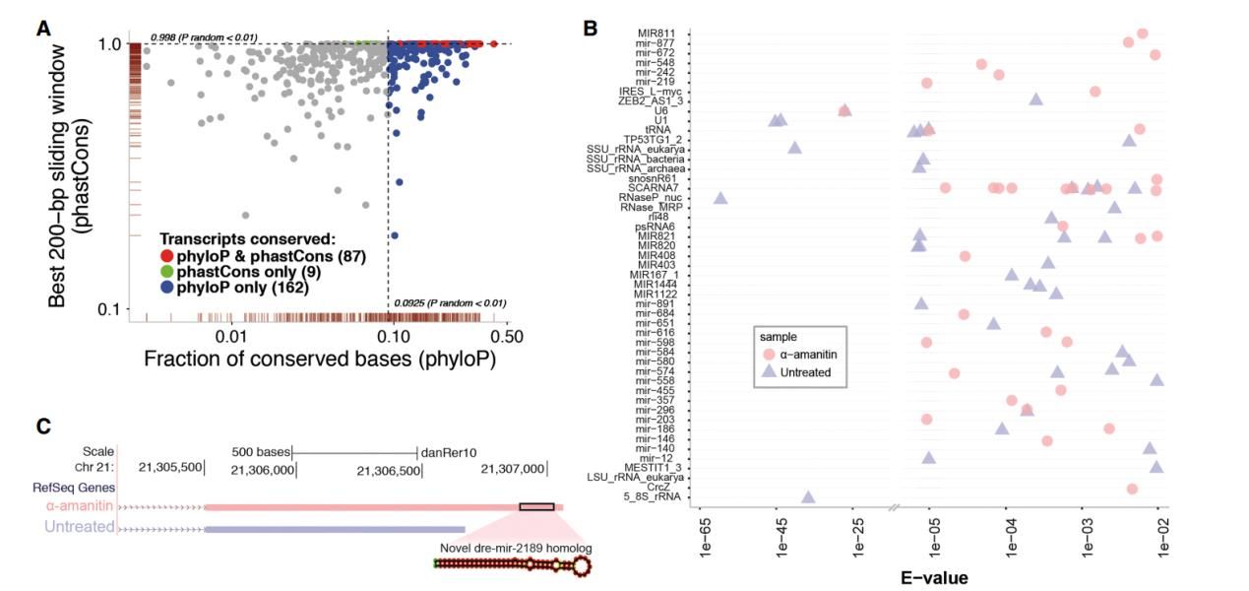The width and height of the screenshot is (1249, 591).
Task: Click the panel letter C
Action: coord(43,427)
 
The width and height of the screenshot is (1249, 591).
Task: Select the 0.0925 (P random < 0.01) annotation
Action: coord(450,302)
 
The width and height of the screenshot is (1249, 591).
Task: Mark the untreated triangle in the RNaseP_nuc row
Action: coord(720,198)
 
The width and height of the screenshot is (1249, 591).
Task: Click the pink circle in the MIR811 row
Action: coord(1142,33)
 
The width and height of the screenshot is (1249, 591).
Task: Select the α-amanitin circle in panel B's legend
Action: coord(770,354)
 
